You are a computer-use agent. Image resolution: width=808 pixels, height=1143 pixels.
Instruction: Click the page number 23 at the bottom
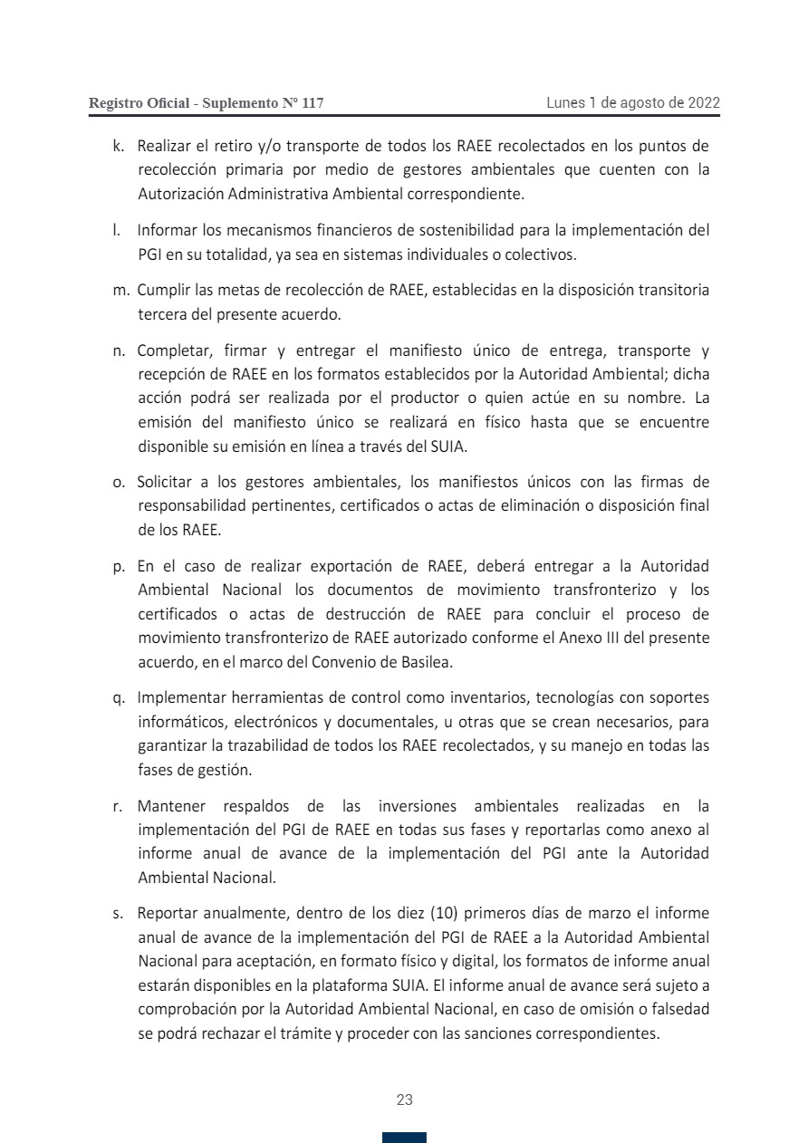(x=404, y=1100)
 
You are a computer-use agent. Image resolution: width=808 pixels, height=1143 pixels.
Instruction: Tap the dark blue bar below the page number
(x=404, y=1137)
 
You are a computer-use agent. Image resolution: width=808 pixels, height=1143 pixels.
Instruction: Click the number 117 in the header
(x=312, y=103)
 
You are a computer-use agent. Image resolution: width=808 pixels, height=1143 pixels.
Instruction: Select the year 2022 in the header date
(x=704, y=102)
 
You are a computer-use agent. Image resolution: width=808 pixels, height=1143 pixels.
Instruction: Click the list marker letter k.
(x=118, y=146)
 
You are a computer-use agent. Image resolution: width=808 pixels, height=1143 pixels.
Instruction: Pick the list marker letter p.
(x=119, y=567)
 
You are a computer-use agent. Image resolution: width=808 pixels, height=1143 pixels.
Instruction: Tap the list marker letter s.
(x=118, y=912)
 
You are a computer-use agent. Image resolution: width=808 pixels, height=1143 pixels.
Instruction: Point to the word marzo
(x=592, y=912)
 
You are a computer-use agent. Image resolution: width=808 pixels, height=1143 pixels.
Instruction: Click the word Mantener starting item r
(x=171, y=805)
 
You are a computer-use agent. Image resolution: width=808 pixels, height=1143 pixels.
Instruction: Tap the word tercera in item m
(x=162, y=314)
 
